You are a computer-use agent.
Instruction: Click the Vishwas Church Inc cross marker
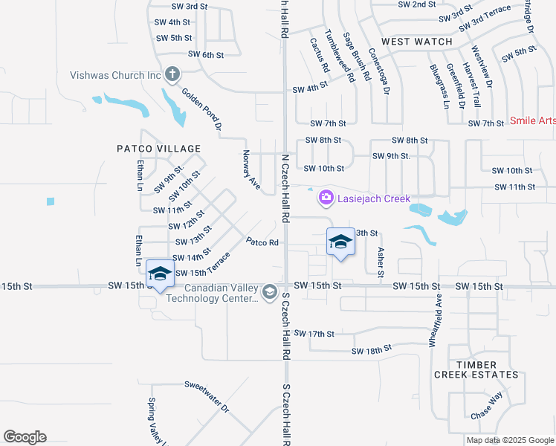pos(172,74)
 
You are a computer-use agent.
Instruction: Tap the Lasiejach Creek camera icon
pos(326,197)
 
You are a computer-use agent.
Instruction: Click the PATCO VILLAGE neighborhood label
pos(149,149)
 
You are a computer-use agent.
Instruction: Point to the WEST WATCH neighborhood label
pos(417,42)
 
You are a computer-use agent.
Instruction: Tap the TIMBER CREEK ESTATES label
pos(476,369)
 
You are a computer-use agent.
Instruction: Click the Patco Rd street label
pos(262,242)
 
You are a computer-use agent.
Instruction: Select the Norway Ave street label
pos(250,169)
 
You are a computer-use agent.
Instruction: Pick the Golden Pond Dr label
pos(201,109)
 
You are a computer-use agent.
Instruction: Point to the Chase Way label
pos(487,404)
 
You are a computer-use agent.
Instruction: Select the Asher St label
pos(381,262)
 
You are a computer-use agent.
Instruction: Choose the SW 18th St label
pos(371,350)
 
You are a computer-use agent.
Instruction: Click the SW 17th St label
pos(314,334)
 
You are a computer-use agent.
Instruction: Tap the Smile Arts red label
pos(532,120)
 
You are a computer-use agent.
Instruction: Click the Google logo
pos(25,437)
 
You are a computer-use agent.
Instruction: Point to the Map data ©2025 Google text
pos(509,440)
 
